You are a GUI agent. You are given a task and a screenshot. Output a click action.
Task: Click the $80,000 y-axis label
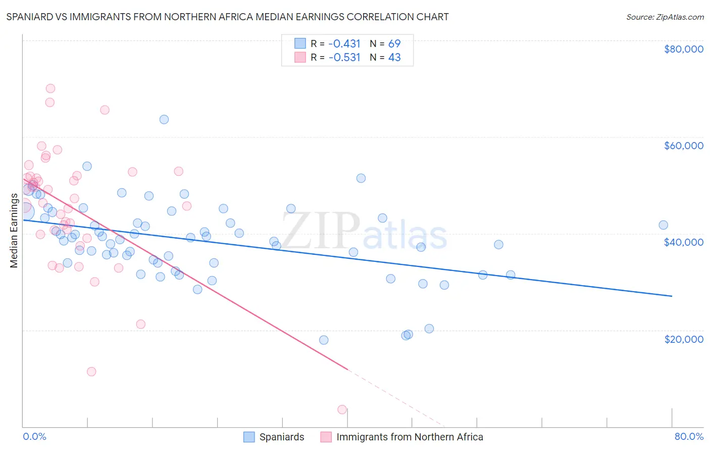[x=683, y=49]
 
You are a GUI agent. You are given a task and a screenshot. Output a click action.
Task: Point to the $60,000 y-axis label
[x=683, y=146]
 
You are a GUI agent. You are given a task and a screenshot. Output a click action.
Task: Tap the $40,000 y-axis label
[x=683, y=242]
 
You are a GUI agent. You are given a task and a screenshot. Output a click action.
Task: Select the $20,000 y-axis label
[x=683, y=339]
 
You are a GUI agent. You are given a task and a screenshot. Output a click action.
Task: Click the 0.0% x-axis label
[x=34, y=436]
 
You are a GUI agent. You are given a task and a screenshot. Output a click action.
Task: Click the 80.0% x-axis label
[x=689, y=436]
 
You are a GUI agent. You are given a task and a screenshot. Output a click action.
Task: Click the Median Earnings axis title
[x=14, y=231]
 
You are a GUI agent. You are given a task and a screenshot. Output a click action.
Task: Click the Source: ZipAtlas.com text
[x=665, y=17]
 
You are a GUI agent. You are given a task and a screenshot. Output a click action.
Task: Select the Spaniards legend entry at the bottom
[x=281, y=437]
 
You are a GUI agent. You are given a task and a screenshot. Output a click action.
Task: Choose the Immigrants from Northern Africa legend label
[x=410, y=437]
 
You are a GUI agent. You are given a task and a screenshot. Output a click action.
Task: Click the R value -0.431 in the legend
[x=344, y=43]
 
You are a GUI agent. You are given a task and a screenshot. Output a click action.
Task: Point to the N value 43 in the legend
[x=394, y=58]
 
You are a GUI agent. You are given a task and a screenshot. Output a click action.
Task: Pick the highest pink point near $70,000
[x=50, y=88]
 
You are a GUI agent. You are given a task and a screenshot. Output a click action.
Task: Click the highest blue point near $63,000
[x=164, y=120]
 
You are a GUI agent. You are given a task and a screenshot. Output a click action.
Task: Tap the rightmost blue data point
[x=664, y=225]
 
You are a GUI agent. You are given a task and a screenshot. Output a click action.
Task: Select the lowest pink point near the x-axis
[x=342, y=410]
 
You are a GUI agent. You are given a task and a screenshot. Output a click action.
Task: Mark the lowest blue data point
[x=324, y=340]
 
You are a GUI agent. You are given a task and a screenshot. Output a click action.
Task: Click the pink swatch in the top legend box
[x=300, y=58]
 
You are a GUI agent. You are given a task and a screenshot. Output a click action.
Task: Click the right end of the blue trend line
[x=672, y=296]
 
